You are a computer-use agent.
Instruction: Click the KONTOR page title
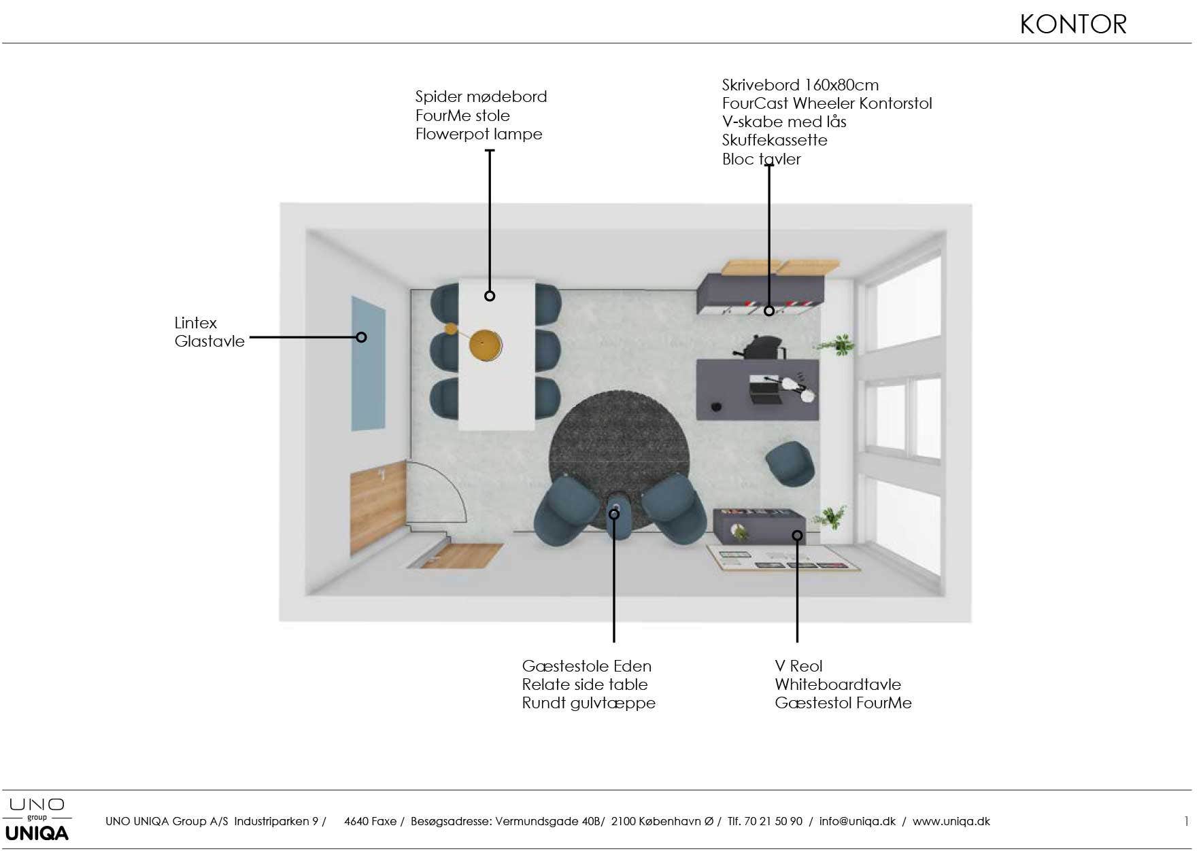[x=1073, y=24]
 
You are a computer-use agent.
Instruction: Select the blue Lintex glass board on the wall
[x=368, y=364]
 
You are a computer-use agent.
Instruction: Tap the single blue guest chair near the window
[x=791, y=464]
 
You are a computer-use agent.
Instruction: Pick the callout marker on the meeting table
[x=490, y=296]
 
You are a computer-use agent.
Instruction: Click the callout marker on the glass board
[x=362, y=337]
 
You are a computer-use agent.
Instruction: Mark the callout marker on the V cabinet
[x=769, y=311]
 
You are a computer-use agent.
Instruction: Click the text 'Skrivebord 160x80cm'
[x=800, y=85]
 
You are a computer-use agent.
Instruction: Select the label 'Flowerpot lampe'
[x=479, y=134]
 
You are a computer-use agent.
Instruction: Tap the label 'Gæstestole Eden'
[x=587, y=666]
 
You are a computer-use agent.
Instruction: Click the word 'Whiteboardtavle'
[x=838, y=684]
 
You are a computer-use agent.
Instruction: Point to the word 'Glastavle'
[x=209, y=341]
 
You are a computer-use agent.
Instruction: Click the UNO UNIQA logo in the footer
[x=37, y=820]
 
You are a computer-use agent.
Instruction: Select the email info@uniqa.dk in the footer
[x=858, y=821]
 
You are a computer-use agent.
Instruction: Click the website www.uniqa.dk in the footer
[x=951, y=821]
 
